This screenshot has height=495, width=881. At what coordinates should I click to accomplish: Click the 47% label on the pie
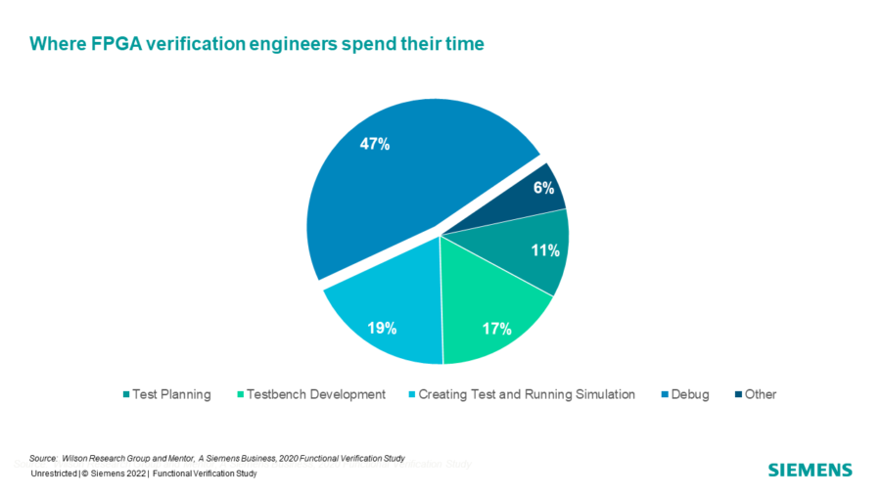pos(375,145)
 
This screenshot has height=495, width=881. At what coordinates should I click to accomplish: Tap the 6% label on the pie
pos(544,188)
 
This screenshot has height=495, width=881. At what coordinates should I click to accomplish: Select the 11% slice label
pos(545,250)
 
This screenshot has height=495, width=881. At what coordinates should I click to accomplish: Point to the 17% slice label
pos(497,329)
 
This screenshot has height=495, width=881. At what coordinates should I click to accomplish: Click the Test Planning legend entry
pos(171,394)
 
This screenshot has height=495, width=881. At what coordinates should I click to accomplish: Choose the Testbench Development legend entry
pos(316,394)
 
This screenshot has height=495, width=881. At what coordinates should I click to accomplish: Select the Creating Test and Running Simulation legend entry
pos(527,394)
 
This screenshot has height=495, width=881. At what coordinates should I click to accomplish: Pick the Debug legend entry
pos(689,394)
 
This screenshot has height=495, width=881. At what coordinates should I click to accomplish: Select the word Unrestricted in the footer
pos(55,473)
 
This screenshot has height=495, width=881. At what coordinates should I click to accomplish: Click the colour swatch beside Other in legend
pos(734,395)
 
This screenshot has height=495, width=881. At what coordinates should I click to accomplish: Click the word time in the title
pos(464,44)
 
